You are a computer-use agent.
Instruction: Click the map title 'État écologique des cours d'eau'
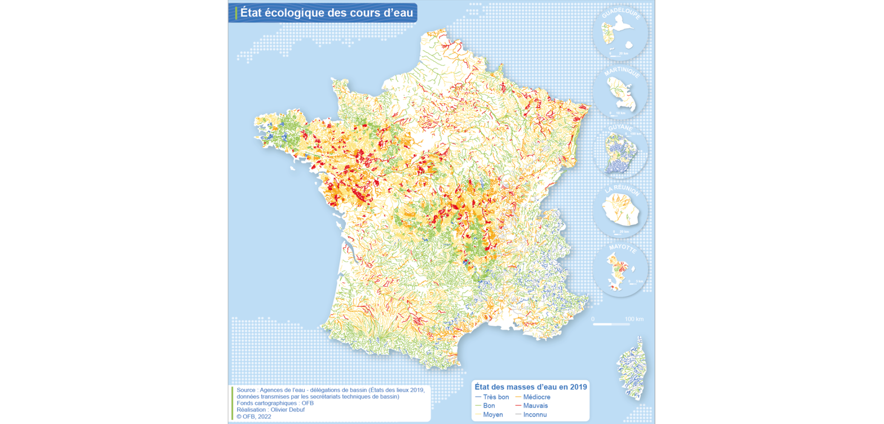coord(326,13)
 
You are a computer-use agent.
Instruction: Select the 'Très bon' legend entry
coord(496,397)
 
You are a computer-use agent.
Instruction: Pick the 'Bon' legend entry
coord(489,406)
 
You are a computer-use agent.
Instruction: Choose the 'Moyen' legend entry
coord(493,415)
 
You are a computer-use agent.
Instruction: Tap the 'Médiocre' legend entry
coord(536,397)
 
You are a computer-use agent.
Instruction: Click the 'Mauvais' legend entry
coord(535,406)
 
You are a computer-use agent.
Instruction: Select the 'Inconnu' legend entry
coord(535,415)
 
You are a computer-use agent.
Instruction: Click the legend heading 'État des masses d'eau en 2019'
coord(530,387)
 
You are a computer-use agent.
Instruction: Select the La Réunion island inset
coord(621,209)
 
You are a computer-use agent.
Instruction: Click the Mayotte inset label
coord(622,248)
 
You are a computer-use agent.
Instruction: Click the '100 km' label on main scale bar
coord(634,319)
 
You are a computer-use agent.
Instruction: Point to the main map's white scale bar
coord(611,324)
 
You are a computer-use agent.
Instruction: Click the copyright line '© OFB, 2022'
coord(254,416)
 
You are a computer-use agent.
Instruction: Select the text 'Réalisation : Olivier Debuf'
coord(271,410)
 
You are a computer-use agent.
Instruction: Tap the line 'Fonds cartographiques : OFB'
coord(275,403)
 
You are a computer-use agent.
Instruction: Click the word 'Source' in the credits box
coord(246,390)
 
